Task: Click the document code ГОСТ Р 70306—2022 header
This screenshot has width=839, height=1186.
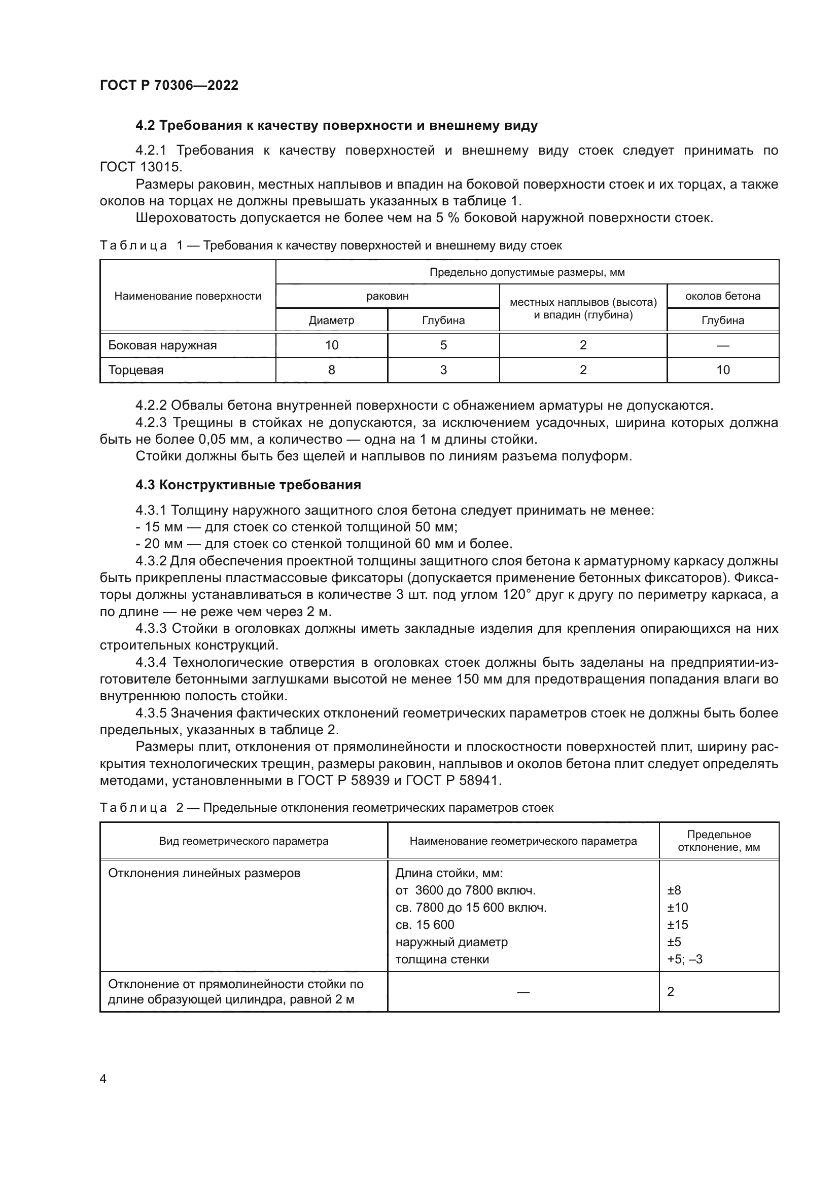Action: (x=169, y=85)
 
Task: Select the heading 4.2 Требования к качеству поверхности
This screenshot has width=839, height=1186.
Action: (x=336, y=126)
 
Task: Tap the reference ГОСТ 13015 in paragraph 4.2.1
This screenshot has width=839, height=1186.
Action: (x=141, y=167)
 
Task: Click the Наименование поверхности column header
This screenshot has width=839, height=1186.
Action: (x=188, y=296)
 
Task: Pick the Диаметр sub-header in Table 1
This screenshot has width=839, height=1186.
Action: (x=331, y=320)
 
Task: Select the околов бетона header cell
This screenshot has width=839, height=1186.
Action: (x=722, y=296)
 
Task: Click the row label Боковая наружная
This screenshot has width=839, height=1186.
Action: (x=162, y=345)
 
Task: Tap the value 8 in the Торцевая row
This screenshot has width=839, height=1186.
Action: (x=331, y=370)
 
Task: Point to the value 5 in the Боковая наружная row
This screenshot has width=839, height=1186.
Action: (x=443, y=345)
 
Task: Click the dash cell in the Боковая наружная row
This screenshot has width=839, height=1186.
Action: (x=722, y=345)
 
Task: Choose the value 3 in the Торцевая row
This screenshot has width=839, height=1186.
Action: (x=443, y=370)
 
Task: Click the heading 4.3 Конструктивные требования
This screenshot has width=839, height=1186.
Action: (x=248, y=485)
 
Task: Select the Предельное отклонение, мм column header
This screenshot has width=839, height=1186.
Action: (x=718, y=841)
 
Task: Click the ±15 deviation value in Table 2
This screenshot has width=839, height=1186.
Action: (x=677, y=925)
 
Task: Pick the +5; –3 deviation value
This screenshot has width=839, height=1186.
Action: (x=684, y=959)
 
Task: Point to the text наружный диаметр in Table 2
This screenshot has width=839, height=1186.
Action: (x=451, y=942)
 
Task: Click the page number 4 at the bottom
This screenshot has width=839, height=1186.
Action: (x=103, y=1079)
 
